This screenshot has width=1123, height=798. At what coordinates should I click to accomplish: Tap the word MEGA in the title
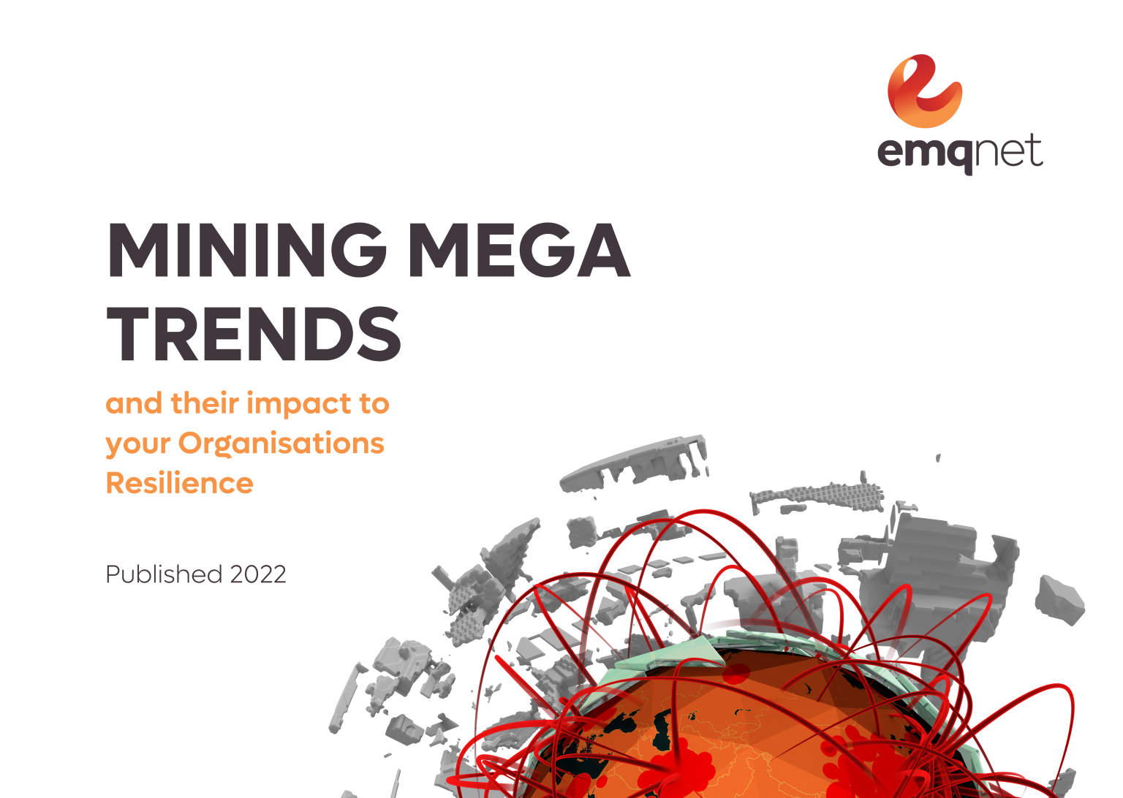pyautogui.click(x=518, y=250)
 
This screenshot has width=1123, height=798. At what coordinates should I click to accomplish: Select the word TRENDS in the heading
pyautogui.click(x=254, y=334)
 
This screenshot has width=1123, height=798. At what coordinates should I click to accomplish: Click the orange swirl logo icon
pyautogui.click(x=924, y=91)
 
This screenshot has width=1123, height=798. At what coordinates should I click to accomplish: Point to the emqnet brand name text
pyautogui.click(x=959, y=152)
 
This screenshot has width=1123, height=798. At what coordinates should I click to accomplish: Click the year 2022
pyautogui.click(x=257, y=574)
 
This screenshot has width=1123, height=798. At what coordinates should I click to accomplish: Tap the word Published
pyautogui.click(x=164, y=574)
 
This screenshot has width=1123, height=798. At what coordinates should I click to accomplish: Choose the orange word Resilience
pyautogui.click(x=179, y=484)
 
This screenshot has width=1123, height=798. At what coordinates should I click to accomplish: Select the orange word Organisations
pyautogui.click(x=281, y=444)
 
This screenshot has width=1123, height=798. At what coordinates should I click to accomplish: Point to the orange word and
pyautogui.click(x=134, y=403)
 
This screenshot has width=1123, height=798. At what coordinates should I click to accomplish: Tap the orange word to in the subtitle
pyautogui.click(x=374, y=403)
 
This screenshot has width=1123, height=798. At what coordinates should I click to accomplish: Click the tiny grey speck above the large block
pyautogui.click(x=938, y=458)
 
